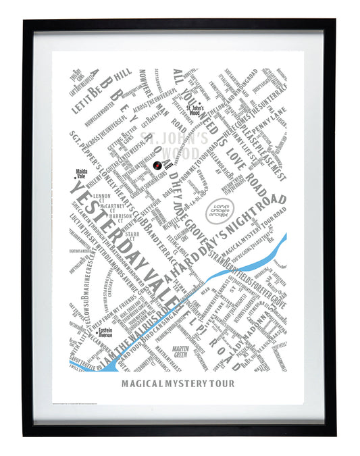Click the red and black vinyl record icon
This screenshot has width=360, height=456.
click(156, 166)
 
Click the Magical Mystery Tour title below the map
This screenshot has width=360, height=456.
click(179, 384)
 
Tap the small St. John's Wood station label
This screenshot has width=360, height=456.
click(195, 110)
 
